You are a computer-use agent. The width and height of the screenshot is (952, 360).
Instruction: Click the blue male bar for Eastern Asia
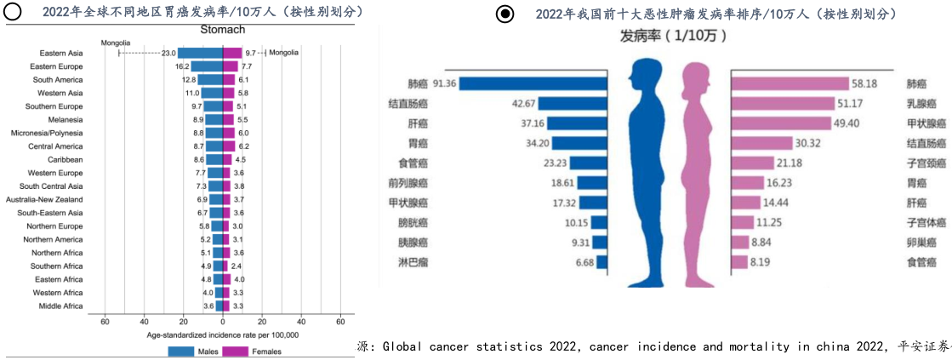click(199, 53)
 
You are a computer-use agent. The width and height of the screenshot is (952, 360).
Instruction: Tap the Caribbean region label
click(66, 159)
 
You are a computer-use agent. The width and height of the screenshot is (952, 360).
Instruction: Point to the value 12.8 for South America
click(189, 79)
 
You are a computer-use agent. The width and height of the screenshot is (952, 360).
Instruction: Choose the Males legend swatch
click(180, 351)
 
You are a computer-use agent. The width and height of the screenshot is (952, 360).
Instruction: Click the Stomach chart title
click(223, 30)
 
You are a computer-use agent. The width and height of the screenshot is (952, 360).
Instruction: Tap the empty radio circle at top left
click(13, 12)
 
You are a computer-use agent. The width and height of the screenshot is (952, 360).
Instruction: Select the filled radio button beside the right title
click(505, 14)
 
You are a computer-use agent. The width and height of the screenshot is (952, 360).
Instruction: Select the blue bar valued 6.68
click(601, 262)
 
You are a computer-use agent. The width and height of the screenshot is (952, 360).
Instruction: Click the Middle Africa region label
click(60, 306)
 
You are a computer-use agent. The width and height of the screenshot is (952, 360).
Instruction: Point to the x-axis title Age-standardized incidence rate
click(222, 334)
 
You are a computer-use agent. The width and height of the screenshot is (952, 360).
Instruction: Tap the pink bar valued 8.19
click(739, 262)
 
